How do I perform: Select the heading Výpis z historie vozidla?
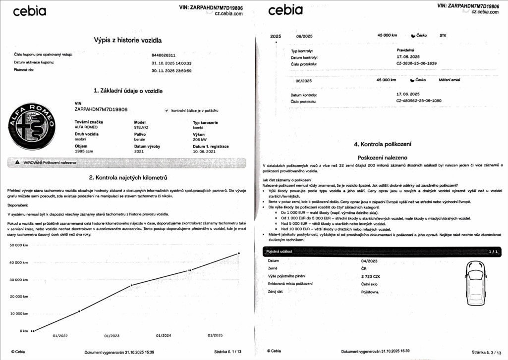coord(128,40)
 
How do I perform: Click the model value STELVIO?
coord(142,127)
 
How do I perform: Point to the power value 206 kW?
coord(200,140)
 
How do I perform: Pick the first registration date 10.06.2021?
coord(205,152)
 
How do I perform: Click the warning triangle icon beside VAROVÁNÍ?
coord(17,162)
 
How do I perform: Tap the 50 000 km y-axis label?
coord(18,245)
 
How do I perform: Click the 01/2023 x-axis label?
coord(112,336)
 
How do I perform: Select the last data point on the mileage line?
coord(238,253)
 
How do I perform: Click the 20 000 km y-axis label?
coord(18,297)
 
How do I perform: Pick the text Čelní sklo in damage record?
coord(371,283)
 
